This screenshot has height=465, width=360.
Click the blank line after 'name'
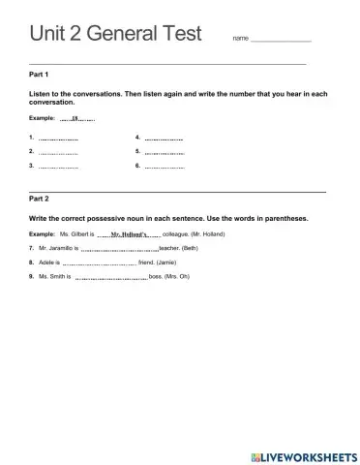tap(281, 40)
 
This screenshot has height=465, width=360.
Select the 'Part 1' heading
tap(40, 74)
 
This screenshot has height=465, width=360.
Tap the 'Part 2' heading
tap(40, 198)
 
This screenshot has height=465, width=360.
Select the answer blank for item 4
tap(164, 139)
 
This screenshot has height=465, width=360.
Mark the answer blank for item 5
tap(164, 153)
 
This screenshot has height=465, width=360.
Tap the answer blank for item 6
tap(164, 167)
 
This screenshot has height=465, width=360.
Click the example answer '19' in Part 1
tap(75, 119)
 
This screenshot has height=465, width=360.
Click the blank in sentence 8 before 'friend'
tap(99, 263)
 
